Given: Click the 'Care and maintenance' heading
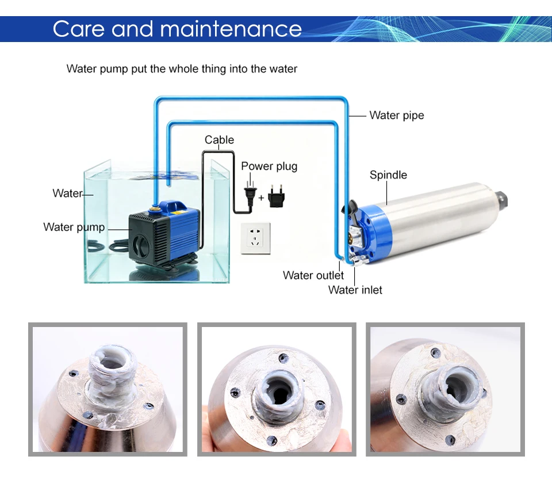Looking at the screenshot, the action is tap(177, 29).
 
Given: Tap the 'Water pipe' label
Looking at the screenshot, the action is tap(397, 116).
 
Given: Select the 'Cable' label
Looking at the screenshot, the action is tap(219, 140).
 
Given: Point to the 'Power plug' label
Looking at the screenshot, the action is tap(269, 166).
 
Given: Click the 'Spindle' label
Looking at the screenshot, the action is tap(388, 175).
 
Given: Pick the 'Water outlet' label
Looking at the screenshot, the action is tap(313, 275).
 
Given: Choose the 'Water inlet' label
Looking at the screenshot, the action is tap(355, 290).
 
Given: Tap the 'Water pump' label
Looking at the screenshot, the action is tap(74, 227).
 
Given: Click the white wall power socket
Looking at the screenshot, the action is tap(255, 238).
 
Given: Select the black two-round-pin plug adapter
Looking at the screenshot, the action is tap(276, 196).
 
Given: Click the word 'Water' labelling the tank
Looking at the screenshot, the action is tap(67, 193).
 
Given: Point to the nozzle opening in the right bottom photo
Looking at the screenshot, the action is tap(457, 387).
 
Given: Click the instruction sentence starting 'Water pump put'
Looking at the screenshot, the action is tap(182, 69).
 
